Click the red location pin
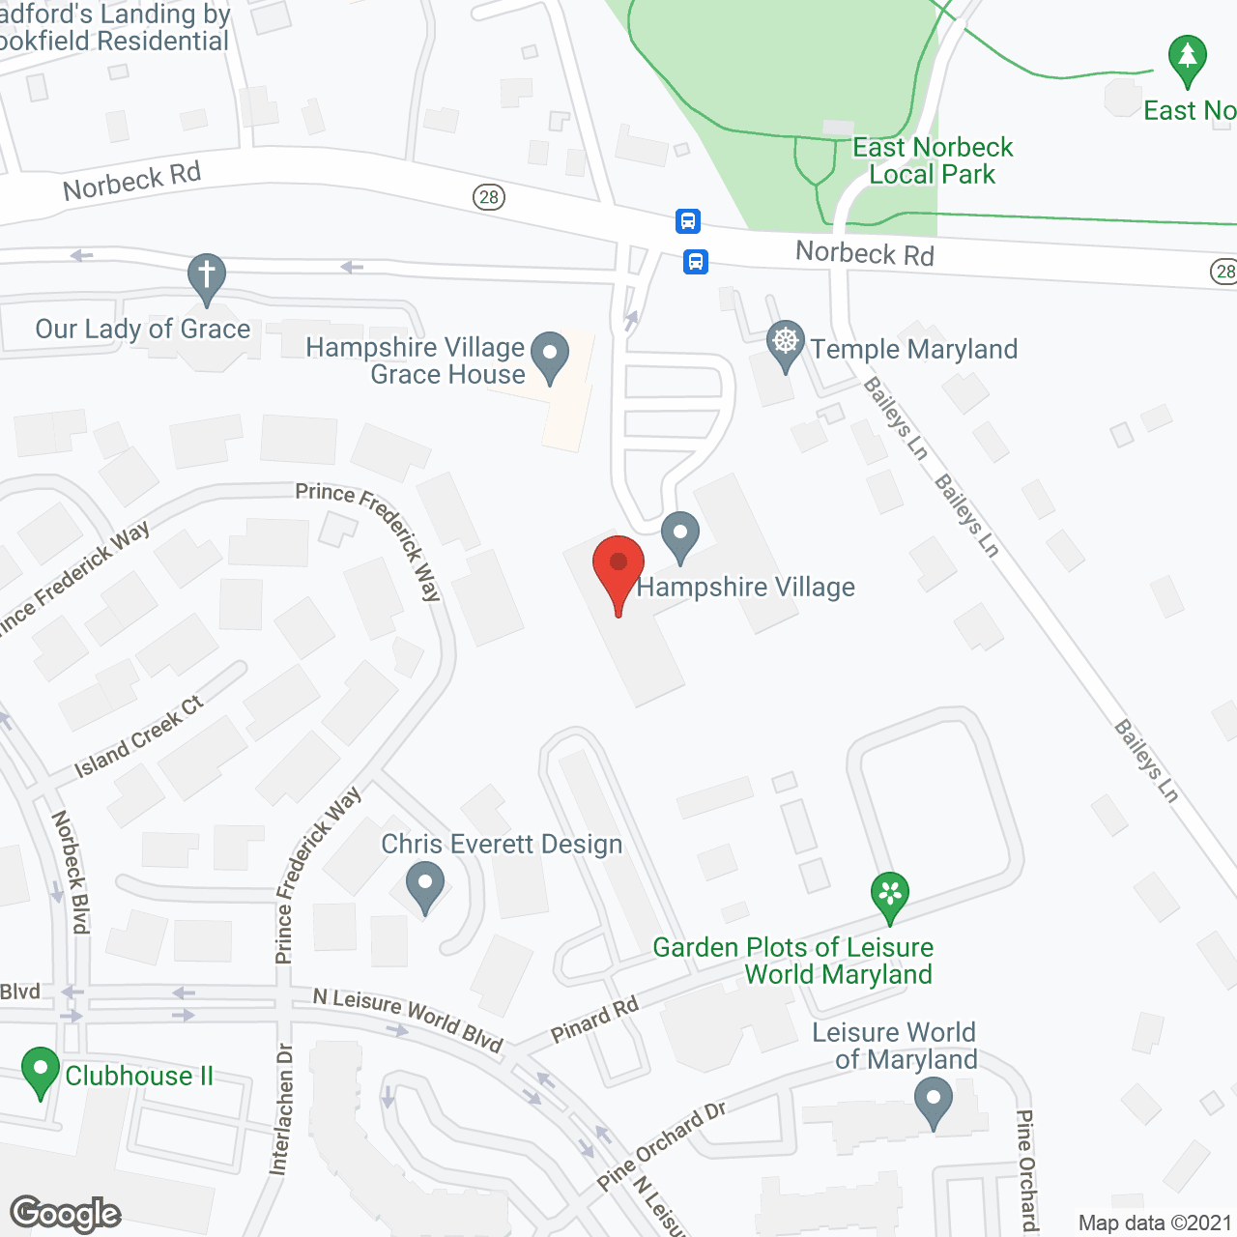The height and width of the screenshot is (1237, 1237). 618,568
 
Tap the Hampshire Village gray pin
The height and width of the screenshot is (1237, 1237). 680,534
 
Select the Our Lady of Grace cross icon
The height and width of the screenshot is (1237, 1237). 206,276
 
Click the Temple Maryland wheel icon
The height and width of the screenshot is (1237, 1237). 786,343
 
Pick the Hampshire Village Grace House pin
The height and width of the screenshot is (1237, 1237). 550,355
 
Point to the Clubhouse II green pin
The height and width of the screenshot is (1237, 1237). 40,1071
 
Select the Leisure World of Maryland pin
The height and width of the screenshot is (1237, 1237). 933,1101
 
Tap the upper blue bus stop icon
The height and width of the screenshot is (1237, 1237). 687,221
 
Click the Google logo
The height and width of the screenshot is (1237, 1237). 65,1213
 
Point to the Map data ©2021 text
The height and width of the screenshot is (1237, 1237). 1155,1223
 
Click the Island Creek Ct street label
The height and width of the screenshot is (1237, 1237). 139,736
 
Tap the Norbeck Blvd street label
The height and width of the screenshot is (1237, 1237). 71,872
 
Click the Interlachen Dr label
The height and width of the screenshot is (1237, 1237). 281,1108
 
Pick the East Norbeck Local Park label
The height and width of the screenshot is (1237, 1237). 932,160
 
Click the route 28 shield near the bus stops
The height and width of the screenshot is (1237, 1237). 489,197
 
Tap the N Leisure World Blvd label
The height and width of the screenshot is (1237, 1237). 408,1019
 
